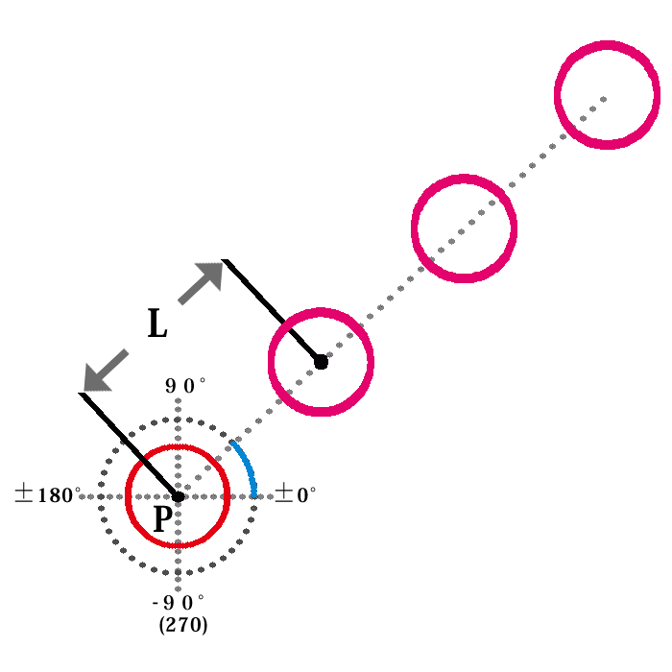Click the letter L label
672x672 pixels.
click(x=157, y=324)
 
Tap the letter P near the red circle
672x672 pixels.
click(x=163, y=519)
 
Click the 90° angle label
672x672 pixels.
click(x=185, y=386)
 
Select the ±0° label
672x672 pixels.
click(x=296, y=494)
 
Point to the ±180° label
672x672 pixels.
click(x=47, y=495)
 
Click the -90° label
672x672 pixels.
click(x=179, y=603)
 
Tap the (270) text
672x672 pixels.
click(x=183, y=625)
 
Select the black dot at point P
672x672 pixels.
click(x=178, y=496)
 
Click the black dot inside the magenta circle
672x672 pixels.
click(x=321, y=362)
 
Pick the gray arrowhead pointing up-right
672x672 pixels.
click(x=209, y=276)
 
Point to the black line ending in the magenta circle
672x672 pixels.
click(x=272, y=310)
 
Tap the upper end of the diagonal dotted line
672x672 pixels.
click(x=605, y=97)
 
